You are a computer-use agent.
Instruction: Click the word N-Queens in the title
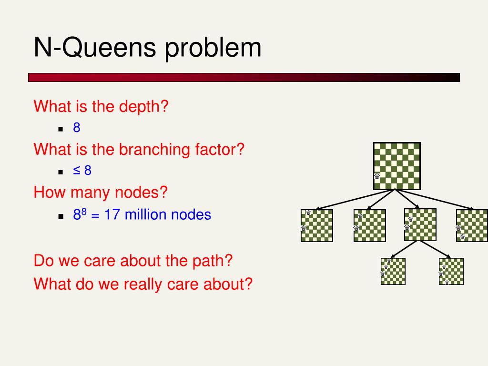click(96, 48)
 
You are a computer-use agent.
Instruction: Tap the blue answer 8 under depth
click(77, 128)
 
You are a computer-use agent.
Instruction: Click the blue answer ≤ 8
click(82, 171)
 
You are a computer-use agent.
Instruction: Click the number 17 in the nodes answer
click(112, 214)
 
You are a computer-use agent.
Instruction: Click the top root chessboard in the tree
click(397, 166)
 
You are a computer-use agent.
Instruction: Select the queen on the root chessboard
click(377, 176)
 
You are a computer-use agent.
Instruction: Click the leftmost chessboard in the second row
click(316, 225)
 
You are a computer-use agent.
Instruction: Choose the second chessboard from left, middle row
click(369, 225)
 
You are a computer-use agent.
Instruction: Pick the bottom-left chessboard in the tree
click(393, 271)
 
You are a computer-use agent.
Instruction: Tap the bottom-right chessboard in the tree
click(451, 271)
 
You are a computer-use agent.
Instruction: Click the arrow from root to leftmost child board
click(355, 200)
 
